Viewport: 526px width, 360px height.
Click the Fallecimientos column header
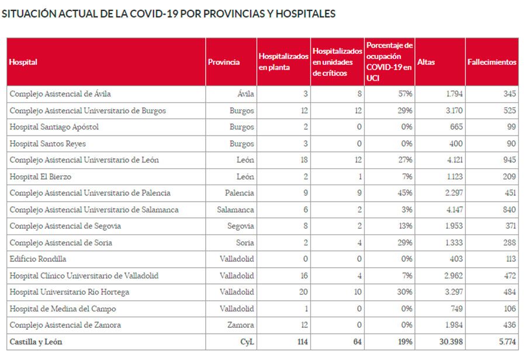(492, 62)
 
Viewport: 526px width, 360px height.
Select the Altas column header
(427, 62)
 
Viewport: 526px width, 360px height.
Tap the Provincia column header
(224, 62)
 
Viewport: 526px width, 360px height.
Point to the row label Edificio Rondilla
(38, 259)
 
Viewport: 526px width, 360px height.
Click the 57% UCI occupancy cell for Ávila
(405, 94)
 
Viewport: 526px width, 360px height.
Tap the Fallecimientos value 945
(509, 160)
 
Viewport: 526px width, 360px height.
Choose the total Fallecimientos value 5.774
(506, 341)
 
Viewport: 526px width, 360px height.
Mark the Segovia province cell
(241, 226)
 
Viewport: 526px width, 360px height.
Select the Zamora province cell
(241, 325)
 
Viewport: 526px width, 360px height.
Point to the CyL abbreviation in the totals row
(246, 341)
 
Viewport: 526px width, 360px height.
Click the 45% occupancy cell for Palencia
(405, 193)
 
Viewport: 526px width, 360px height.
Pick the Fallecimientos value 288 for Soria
(509, 243)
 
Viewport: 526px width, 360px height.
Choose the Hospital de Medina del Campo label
(63, 309)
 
